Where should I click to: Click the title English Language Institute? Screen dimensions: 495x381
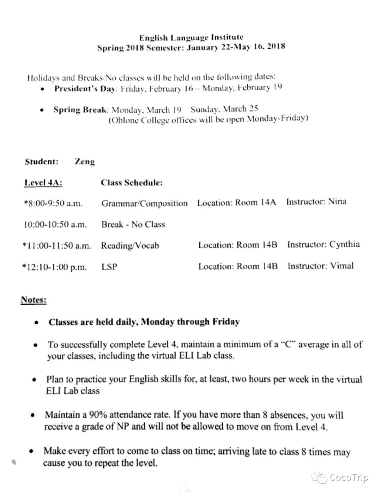(191, 37)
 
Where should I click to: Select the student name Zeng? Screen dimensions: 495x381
(85, 162)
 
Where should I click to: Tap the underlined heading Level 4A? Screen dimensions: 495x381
(43, 183)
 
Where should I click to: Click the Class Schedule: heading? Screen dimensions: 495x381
(132, 183)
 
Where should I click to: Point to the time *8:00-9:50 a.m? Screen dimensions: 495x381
(53, 203)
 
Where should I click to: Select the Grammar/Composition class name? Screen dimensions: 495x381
(144, 203)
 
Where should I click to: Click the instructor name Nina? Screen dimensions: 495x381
(337, 202)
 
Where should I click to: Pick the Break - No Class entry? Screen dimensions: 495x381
(133, 224)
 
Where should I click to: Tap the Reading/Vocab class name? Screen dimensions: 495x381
(130, 245)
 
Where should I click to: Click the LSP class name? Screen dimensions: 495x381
(109, 267)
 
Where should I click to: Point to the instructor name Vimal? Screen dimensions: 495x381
(341, 265)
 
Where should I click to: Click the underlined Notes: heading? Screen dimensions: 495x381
(34, 300)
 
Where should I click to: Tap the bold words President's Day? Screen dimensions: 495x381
(85, 88)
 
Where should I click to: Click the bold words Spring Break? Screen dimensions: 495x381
(80, 110)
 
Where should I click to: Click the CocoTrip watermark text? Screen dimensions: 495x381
(349, 477)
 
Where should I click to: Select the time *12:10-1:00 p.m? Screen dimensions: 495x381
(54, 267)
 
